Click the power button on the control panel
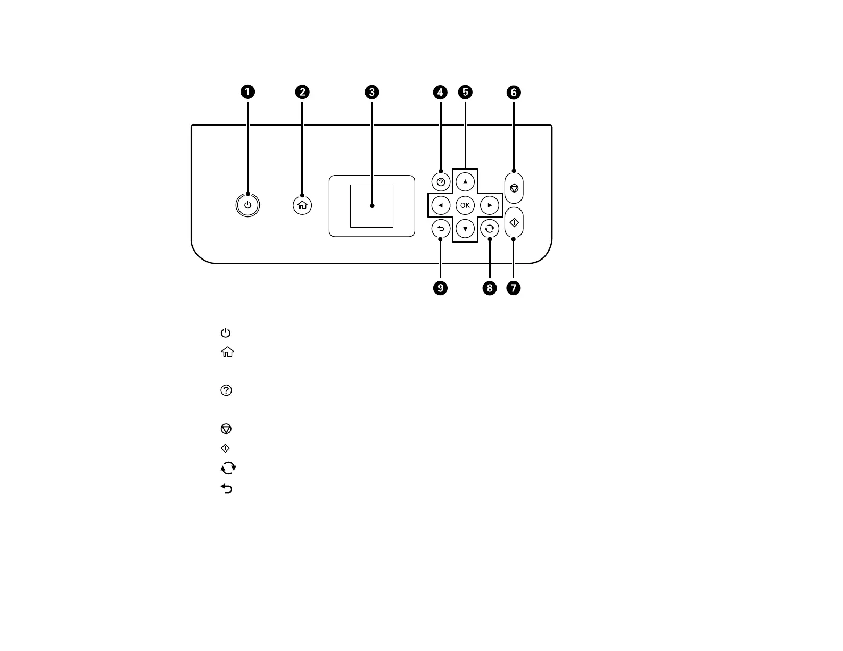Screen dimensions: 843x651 click(x=247, y=205)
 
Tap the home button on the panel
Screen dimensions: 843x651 click(x=302, y=205)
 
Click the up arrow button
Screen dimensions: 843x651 click(x=465, y=181)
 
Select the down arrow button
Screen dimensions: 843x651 click(x=465, y=229)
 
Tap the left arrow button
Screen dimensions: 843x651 click(x=441, y=205)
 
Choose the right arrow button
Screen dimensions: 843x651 click(x=490, y=205)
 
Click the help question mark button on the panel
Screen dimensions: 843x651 click(x=441, y=182)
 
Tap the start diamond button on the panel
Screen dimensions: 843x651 click(x=514, y=223)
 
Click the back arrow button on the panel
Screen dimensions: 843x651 click(x=441, y=229)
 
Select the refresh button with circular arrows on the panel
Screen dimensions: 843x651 click(x=490, y=229)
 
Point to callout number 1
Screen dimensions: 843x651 click(x=247, y=92)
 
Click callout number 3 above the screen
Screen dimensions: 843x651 click(x=371, y=92)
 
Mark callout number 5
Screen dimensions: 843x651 click(x=465, y=92)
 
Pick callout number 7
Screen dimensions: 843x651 click(x=514, y=288)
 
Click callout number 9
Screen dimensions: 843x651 click(x=441, y=288)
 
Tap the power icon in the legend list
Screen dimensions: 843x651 click(x=226, y=333)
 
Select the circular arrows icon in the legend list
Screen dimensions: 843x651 click(x=228, y=468)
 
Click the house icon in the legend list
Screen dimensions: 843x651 click(x=227, y=352)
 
